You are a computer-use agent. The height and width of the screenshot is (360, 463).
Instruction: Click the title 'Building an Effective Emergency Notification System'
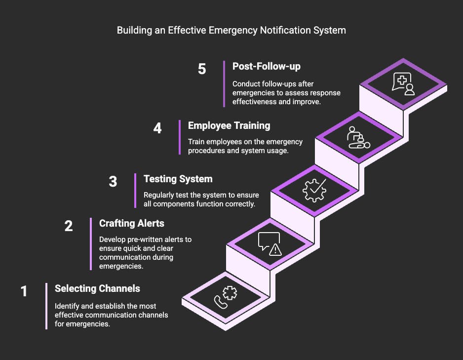(231, 30)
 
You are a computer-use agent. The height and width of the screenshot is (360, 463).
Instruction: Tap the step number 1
(24, 291)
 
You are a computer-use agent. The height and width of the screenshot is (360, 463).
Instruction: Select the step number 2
(69, 226)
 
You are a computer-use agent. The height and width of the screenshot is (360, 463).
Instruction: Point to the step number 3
(113, 182)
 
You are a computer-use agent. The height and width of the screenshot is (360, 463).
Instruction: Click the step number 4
(157, 128)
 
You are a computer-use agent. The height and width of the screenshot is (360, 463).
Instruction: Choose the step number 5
(202, 69)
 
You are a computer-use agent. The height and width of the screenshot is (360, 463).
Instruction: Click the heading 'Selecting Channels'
(97, 288)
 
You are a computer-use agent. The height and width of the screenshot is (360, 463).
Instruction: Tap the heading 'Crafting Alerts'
(131, 223)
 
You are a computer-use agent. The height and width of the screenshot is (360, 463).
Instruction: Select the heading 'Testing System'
(178, 179)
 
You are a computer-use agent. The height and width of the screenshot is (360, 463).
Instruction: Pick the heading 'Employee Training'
(229, 125)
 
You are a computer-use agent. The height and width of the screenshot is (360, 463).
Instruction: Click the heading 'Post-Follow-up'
(266, 66)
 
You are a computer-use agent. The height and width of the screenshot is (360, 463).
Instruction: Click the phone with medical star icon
(225, 298)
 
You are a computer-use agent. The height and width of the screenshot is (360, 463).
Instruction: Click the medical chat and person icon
(403, 83)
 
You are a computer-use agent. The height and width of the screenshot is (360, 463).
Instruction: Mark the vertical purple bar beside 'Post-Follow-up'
(224, 83)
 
